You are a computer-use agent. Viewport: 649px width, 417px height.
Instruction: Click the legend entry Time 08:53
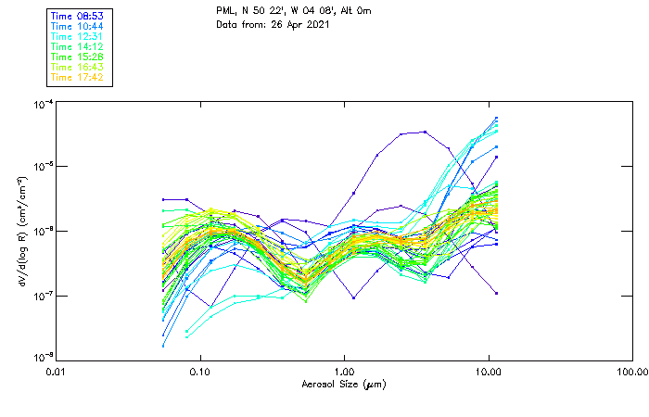(x=78, y=17)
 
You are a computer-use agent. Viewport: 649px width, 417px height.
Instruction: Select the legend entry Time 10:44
(x=78, y=27)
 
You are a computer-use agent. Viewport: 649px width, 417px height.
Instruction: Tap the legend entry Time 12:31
(x=78, y=37)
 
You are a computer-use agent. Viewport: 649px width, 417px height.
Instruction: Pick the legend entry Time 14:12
(x=78, y=47)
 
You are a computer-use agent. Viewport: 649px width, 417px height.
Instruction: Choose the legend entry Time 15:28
(x=78, y=57)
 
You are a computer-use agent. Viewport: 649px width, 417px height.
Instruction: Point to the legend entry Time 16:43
(x=78, y=68)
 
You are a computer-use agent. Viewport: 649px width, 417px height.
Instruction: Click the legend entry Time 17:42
(x=78, y=78)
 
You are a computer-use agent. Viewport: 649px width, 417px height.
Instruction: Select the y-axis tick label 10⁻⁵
(x=41, y=167)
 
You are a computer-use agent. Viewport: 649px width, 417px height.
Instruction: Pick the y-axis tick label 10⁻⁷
(x=41, y=297)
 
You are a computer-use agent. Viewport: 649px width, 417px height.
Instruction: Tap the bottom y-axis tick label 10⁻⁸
(x=41, y=358)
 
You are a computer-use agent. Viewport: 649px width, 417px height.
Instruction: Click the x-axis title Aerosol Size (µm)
(x=344, y=384)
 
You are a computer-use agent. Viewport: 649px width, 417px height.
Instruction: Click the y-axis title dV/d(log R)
(x=20, y=232)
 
